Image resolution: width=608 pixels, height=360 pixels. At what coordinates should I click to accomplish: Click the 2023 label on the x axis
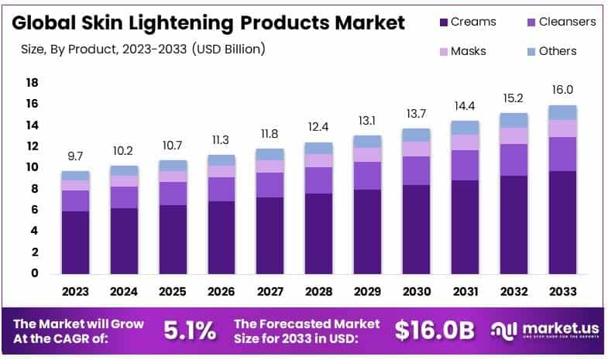point(75,293)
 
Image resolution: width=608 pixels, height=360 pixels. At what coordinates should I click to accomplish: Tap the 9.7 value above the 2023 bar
point(75,157)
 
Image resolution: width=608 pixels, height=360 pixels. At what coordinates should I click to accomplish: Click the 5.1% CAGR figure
point(190,331)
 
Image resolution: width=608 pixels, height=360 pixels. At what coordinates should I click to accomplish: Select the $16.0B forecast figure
point(433,331)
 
